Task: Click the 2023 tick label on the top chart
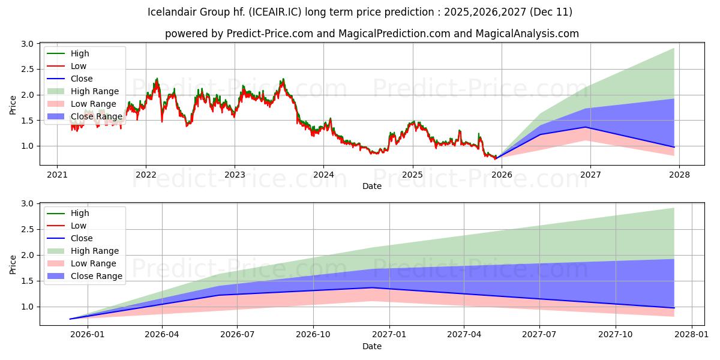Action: [x=235, y=175]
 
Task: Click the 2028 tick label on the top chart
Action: [x=679, y=175]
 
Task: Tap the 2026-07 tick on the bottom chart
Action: [x=238, y=335]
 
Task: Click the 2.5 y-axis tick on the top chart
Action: [x=26, y=70]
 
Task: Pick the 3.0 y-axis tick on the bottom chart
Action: [x=26, y=204]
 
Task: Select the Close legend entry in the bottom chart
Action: [x=82, y=238]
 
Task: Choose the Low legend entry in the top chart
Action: [x=79, y=66]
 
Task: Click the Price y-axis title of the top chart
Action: [x=13, y=104]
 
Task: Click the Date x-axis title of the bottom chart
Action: [x=372, y=346]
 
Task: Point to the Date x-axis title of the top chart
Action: [x=372, y=186]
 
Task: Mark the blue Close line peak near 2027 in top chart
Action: [x=586, y=127]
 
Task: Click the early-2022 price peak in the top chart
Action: [x=157, y=79]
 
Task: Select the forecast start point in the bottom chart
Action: [x=70, y=319]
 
